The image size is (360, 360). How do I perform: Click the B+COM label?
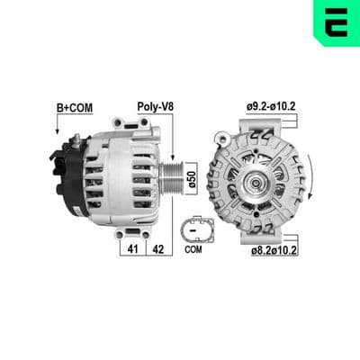[x=75, y=108]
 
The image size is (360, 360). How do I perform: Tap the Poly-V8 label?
[x=156, y=106]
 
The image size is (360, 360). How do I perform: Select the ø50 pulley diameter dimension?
[x=193, y=179]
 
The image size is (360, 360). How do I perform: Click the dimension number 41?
[x=132, y=248]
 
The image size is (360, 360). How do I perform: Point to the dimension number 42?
[x=158, y=248]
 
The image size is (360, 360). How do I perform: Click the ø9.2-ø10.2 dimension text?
[x=271, y=106]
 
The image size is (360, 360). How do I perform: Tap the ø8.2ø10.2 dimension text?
[x=274, y=250]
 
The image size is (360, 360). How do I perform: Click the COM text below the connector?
[x=193, y=249]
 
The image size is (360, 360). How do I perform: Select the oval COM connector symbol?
[x=197, y=230]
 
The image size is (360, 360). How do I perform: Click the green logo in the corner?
[x=337, y=22]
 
